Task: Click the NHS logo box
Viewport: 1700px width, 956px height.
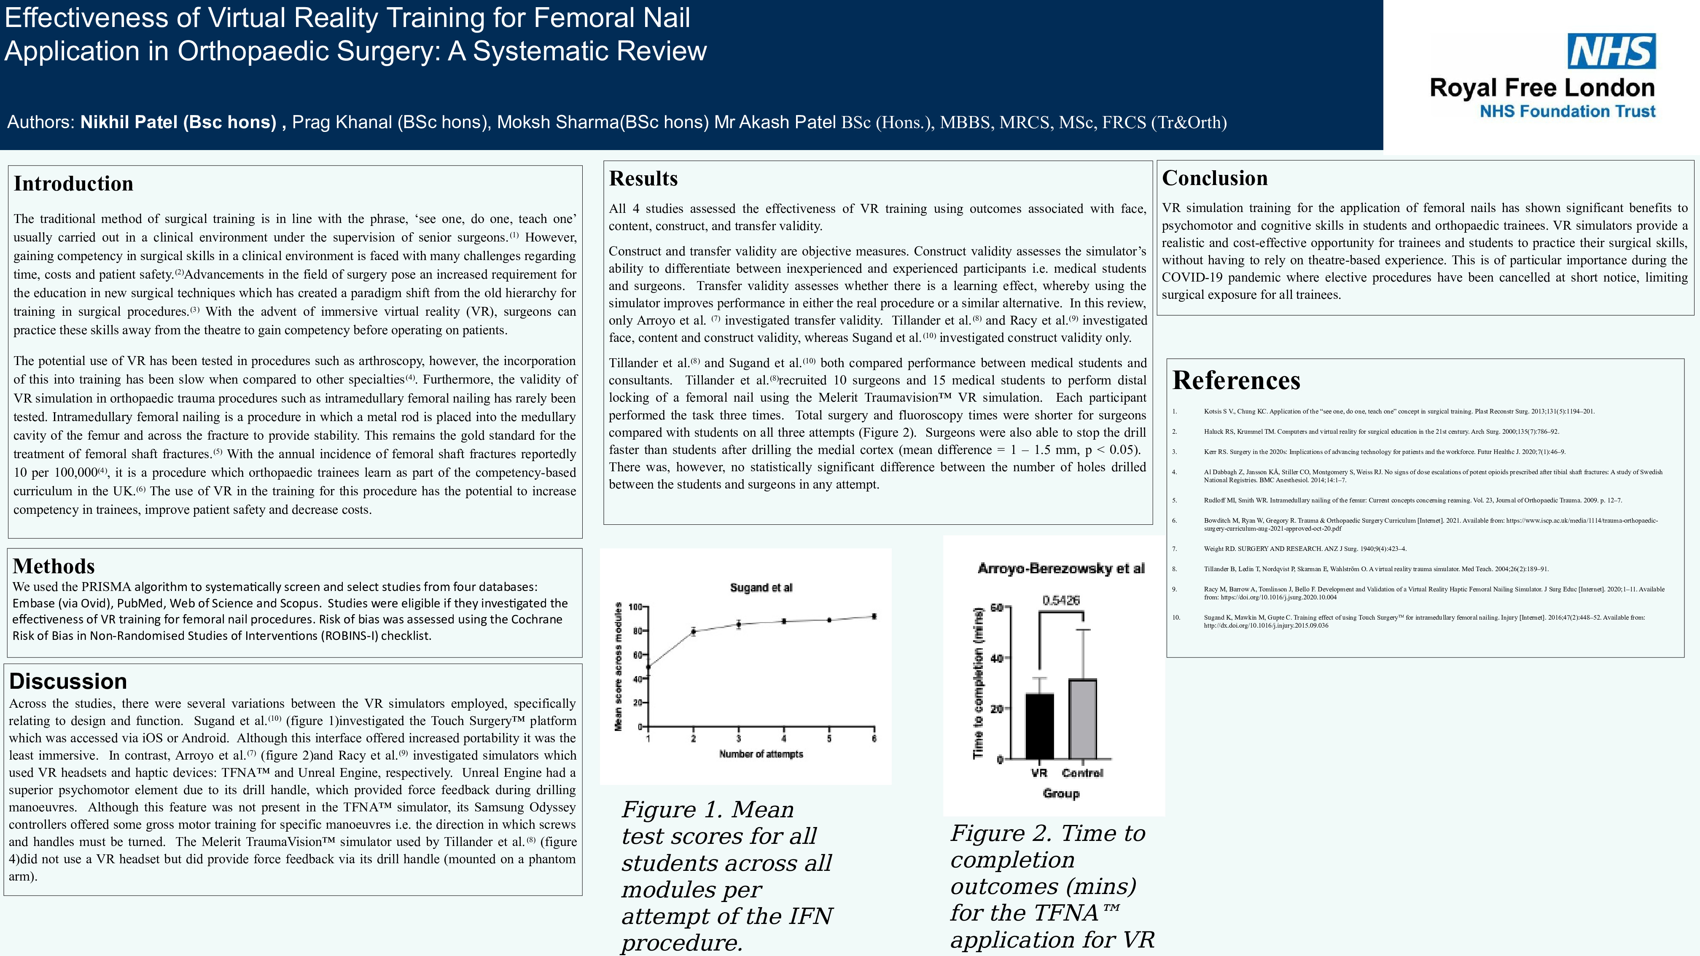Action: point(1611,51)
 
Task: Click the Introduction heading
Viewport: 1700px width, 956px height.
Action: point(73,183)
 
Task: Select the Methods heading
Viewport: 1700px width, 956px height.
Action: point(54,566)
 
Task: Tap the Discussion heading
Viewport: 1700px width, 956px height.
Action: point(68,681)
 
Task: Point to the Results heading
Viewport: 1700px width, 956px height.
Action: point(643,178)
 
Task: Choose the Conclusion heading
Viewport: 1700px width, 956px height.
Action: point(1214,178)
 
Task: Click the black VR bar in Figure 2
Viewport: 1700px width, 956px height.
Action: point(1039,726)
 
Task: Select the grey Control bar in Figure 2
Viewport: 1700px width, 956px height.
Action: point(1082,719)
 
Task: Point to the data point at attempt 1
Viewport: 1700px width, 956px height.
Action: point(648,667)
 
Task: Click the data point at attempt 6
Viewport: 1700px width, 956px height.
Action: point(874,616)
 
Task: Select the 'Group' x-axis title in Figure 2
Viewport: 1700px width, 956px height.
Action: point(1060,793)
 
